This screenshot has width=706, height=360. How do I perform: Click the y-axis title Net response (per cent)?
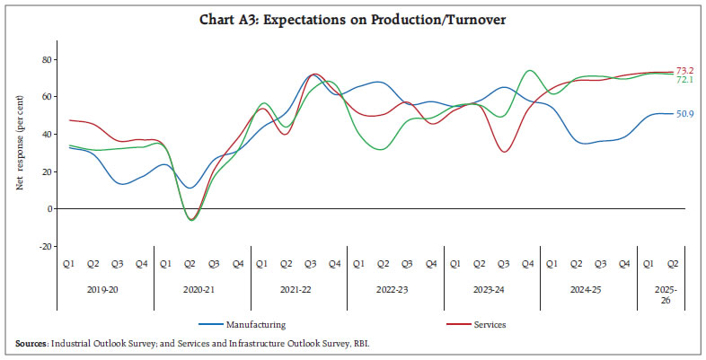(x=19, y=153)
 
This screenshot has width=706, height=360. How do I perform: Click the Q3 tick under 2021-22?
(x=311, y=264)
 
